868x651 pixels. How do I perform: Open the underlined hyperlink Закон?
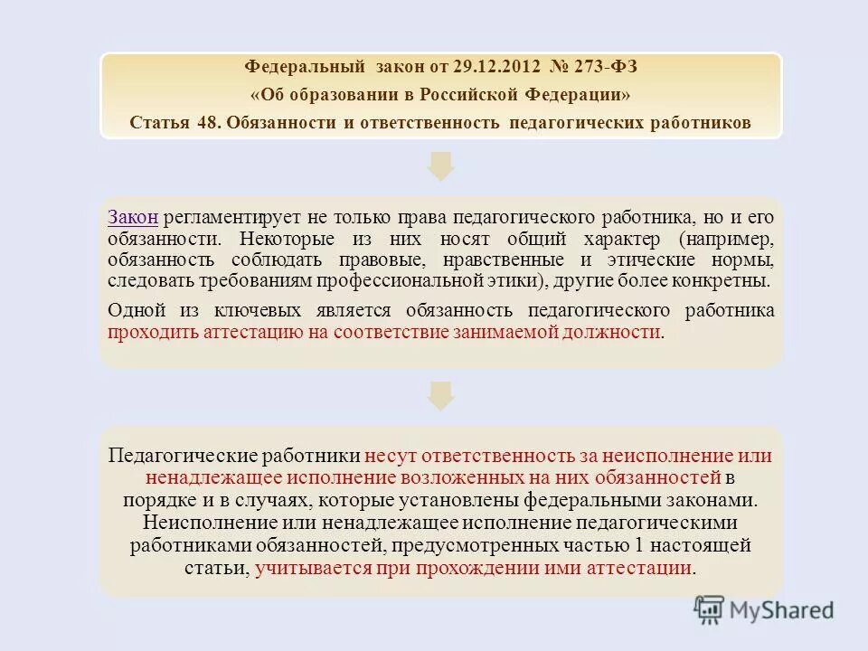[x=133, y=217]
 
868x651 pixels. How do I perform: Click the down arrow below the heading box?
[x=440, y=165]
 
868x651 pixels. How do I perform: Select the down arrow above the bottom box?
[x=440, y=395]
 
